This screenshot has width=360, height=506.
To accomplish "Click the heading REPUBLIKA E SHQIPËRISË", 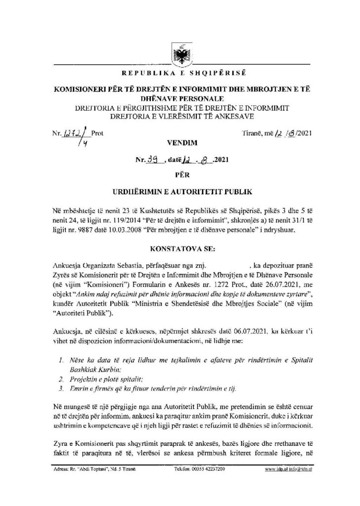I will (180, 74).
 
